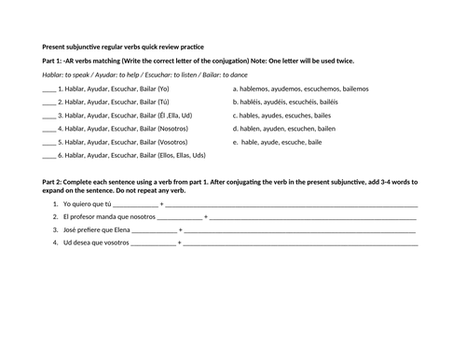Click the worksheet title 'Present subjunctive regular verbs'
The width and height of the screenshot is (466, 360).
tap(121, 46)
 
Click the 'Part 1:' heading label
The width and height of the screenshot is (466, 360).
tap(56, 60)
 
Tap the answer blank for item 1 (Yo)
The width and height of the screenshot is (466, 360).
tap(49, 90)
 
